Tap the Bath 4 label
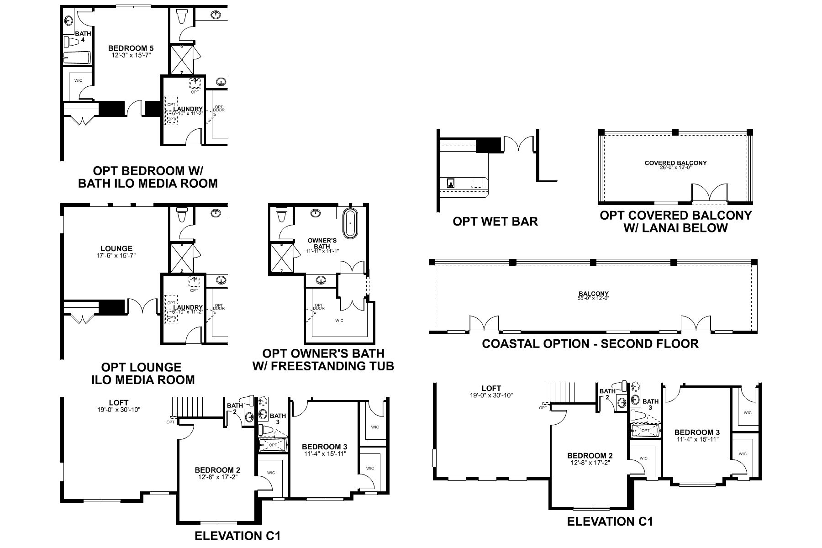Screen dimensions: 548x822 (83, 37)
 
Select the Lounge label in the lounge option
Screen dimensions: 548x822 (116, 249)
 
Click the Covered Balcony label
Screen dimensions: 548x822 (675, 163)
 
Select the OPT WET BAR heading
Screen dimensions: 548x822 (495, 221)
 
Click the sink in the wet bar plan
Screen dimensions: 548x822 (451, 183)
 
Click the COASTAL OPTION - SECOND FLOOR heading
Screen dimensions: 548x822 (590, 343)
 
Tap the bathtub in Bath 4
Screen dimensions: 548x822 (76, 58)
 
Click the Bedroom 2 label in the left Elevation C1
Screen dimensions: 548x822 (217, 470)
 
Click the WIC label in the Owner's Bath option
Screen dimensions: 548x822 (339, 321)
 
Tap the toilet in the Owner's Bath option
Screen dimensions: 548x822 (281, 214)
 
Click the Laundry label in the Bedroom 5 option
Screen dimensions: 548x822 (188, 109)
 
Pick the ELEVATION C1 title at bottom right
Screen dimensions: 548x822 (610, 522)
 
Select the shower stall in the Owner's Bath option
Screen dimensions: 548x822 (282, 257)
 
